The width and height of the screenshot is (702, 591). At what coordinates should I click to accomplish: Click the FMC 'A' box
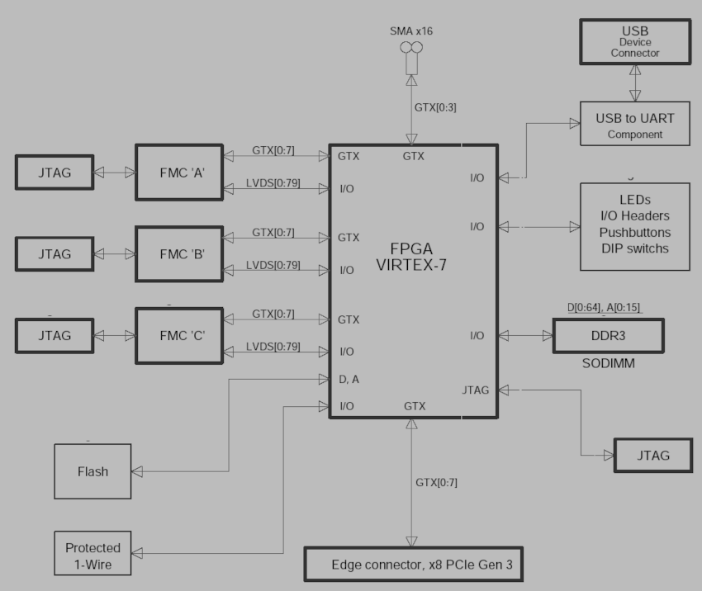point(178,173)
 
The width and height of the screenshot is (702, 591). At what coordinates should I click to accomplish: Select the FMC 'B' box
point(178,254)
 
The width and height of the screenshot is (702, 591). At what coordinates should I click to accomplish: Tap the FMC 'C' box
point(178,336)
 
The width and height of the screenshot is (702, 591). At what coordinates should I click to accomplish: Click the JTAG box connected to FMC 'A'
point(55,173)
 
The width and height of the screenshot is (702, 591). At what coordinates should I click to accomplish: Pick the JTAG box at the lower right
point(653,455)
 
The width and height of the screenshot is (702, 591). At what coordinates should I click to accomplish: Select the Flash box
point(92,471)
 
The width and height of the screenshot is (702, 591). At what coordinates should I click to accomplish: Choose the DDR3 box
point(607,336)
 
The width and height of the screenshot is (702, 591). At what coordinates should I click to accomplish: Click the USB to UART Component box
point(634,125)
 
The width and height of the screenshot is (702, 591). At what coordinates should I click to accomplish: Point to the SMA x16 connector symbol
point(410,50)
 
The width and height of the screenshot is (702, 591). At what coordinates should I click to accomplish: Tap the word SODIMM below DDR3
point(607,364)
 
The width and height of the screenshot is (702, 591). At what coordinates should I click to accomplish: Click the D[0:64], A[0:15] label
point(603,308)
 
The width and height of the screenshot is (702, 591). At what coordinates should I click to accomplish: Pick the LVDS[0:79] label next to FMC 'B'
point(273,266)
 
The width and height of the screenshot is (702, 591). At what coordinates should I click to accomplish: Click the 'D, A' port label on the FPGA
point(349,379)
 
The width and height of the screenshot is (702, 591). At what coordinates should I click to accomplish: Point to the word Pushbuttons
point(634,232)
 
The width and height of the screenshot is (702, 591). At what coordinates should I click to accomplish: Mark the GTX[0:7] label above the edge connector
point(434,481)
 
